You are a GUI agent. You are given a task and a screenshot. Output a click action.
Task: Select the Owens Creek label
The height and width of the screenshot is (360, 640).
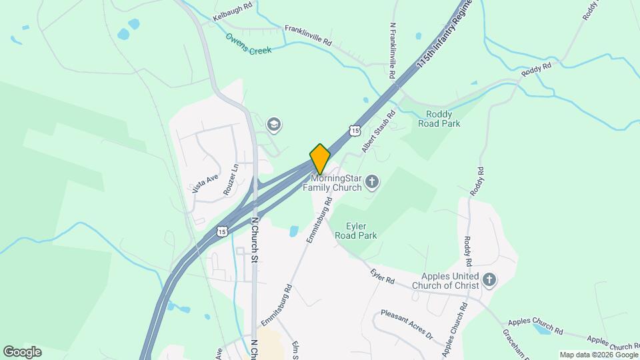pos(248,44)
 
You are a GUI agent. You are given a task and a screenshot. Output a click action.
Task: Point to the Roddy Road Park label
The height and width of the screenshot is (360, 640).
pos(439,119)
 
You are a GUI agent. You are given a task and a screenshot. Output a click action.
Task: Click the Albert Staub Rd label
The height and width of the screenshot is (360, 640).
pos(379,131)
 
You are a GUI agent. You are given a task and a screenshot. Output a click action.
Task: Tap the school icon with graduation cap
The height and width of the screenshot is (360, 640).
pos(273,124)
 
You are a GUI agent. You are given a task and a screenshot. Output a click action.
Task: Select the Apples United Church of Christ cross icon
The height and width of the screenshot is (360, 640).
pos(490,280)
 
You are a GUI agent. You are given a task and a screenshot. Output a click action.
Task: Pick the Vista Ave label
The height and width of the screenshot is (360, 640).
pos(205,183)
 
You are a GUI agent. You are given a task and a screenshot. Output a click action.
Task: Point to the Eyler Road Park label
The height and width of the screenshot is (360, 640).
pos(362,231)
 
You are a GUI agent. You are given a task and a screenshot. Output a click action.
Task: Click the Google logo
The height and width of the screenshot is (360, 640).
pos(22,352)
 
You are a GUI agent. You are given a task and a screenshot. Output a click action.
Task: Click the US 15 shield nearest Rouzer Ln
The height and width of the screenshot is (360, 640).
pos(221,231)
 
